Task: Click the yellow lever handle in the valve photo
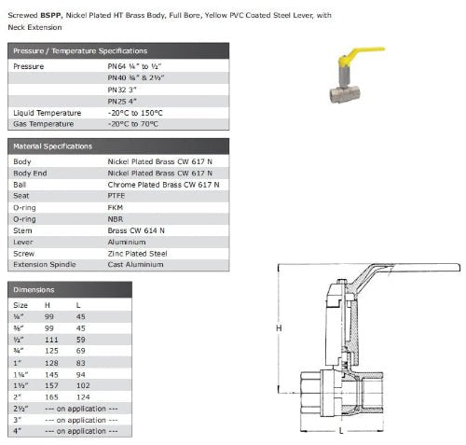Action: [363, 53]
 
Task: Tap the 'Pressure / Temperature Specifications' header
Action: [80, 51]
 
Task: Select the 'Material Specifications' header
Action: [53, 146]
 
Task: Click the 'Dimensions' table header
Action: [34, 290]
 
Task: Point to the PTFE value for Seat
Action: [116, 196]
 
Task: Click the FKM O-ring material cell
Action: [116, 207]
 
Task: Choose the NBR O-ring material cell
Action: [116, 219]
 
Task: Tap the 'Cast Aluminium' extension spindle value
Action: [135, 265]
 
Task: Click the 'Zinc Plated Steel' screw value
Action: [137, 254]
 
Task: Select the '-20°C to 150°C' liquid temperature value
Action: [135, 113]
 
